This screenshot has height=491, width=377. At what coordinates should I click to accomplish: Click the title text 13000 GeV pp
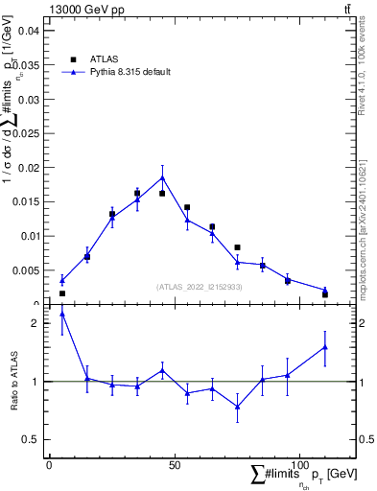click(x=83, y=9)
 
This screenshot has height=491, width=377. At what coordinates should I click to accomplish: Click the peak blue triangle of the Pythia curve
click(x=162, y=177)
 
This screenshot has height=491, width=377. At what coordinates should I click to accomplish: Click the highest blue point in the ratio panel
click(x=62, y=314)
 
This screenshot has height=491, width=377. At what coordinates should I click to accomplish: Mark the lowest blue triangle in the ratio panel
click(x=237, y=407)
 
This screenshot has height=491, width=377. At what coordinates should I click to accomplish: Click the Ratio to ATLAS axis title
click(x=14, y=382)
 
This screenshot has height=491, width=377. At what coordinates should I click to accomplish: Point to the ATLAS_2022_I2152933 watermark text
click(x=200, y=287)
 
